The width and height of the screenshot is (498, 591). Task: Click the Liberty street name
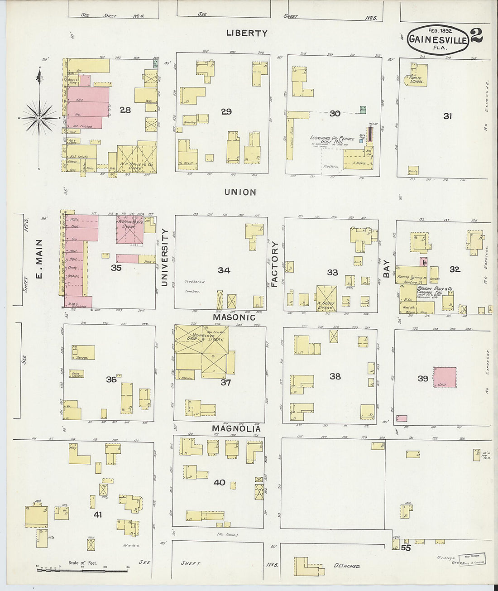[247, 33]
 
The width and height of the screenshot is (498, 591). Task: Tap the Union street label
[240, 192]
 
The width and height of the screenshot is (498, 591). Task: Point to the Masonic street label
[234, 317]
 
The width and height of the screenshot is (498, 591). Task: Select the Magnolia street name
[236, 428]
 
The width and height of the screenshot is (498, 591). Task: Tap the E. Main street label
[39, 259]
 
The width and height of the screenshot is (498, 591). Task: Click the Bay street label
[386, 268]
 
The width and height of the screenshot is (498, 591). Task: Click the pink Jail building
[445, 377]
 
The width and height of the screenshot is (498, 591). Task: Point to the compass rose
[39, 118]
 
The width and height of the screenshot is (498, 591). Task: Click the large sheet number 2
[476, 36]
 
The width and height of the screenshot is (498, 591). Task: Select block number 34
[224, 270]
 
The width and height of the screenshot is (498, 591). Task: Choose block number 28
[125, 110]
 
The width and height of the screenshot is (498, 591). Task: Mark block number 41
[97, 514]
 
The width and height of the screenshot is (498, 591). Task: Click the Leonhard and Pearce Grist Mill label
[332, 139]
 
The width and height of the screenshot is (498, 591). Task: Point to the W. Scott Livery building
[326, 298]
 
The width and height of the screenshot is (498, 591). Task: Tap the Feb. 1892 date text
[435, 30]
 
